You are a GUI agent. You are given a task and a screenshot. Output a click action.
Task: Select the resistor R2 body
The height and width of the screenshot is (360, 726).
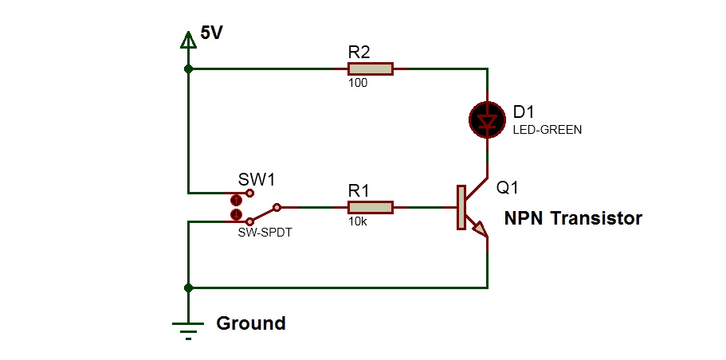pyautogui.click(x=371, y=69)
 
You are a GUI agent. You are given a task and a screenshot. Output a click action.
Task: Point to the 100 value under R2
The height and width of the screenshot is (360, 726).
pyautogui.click(x=358, y=83)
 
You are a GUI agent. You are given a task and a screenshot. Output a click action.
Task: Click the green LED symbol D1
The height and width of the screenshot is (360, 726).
pyautogui.click(x=485, y=119)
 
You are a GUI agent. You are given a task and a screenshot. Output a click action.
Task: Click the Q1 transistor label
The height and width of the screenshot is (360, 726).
pyautogui.click(x=508, y=188)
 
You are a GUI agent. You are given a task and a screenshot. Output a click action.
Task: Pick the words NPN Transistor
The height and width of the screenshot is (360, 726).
pyautogui.click(x=573, y=218)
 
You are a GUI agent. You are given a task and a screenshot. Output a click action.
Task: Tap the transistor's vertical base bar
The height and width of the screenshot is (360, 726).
pyautogui.click(x=461, y=207)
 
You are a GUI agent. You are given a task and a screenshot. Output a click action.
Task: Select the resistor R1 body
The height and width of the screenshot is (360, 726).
pyautogui.click(x=371, y=207)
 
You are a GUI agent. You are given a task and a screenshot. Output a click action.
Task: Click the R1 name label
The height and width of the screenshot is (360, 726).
pyautogui.click(x=359, y=190)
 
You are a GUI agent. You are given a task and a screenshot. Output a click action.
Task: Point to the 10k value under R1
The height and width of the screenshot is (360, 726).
pyautogui.click(x=356, y=221)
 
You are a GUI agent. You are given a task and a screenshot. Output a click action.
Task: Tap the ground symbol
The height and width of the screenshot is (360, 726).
pyautogui.click(x=188, y=327)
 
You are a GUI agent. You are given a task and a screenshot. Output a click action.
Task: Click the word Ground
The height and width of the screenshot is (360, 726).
pyautogui.click(x=251, y=323)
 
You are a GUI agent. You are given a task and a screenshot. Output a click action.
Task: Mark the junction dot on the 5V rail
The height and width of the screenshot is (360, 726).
pyautogui.click(x=188, y=69)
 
